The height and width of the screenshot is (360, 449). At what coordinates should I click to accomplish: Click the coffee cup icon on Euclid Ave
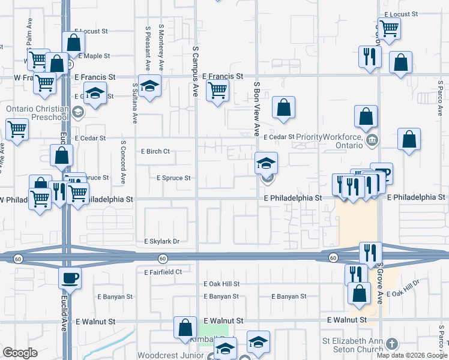(x=69, y=278)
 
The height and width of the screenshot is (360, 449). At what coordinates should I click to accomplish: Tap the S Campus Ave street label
(x=195, y=73)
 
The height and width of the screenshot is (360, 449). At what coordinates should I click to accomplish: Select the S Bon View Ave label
(x=256, y=108)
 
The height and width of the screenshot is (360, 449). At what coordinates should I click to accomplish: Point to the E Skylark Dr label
(x=161, y=241)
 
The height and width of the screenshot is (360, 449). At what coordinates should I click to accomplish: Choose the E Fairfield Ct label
(x=163, y=272)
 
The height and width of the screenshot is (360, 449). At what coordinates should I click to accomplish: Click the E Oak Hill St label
(x=221, y=284)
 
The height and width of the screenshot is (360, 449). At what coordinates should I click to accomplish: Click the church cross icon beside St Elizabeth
(x=392, y=344)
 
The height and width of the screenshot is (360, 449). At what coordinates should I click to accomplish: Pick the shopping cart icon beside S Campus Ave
(x=217, y=90)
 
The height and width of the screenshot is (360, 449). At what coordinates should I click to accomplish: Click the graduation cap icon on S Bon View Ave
(x=266, y=161)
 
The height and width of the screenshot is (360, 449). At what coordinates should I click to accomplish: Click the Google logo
(x=20, y=353)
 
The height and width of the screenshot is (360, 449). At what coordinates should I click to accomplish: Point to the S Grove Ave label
(x=379, y=287)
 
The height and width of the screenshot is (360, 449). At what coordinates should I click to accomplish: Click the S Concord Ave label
(x=123, y=162)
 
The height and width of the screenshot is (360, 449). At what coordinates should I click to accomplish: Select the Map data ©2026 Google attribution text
(x=411, y=355)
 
